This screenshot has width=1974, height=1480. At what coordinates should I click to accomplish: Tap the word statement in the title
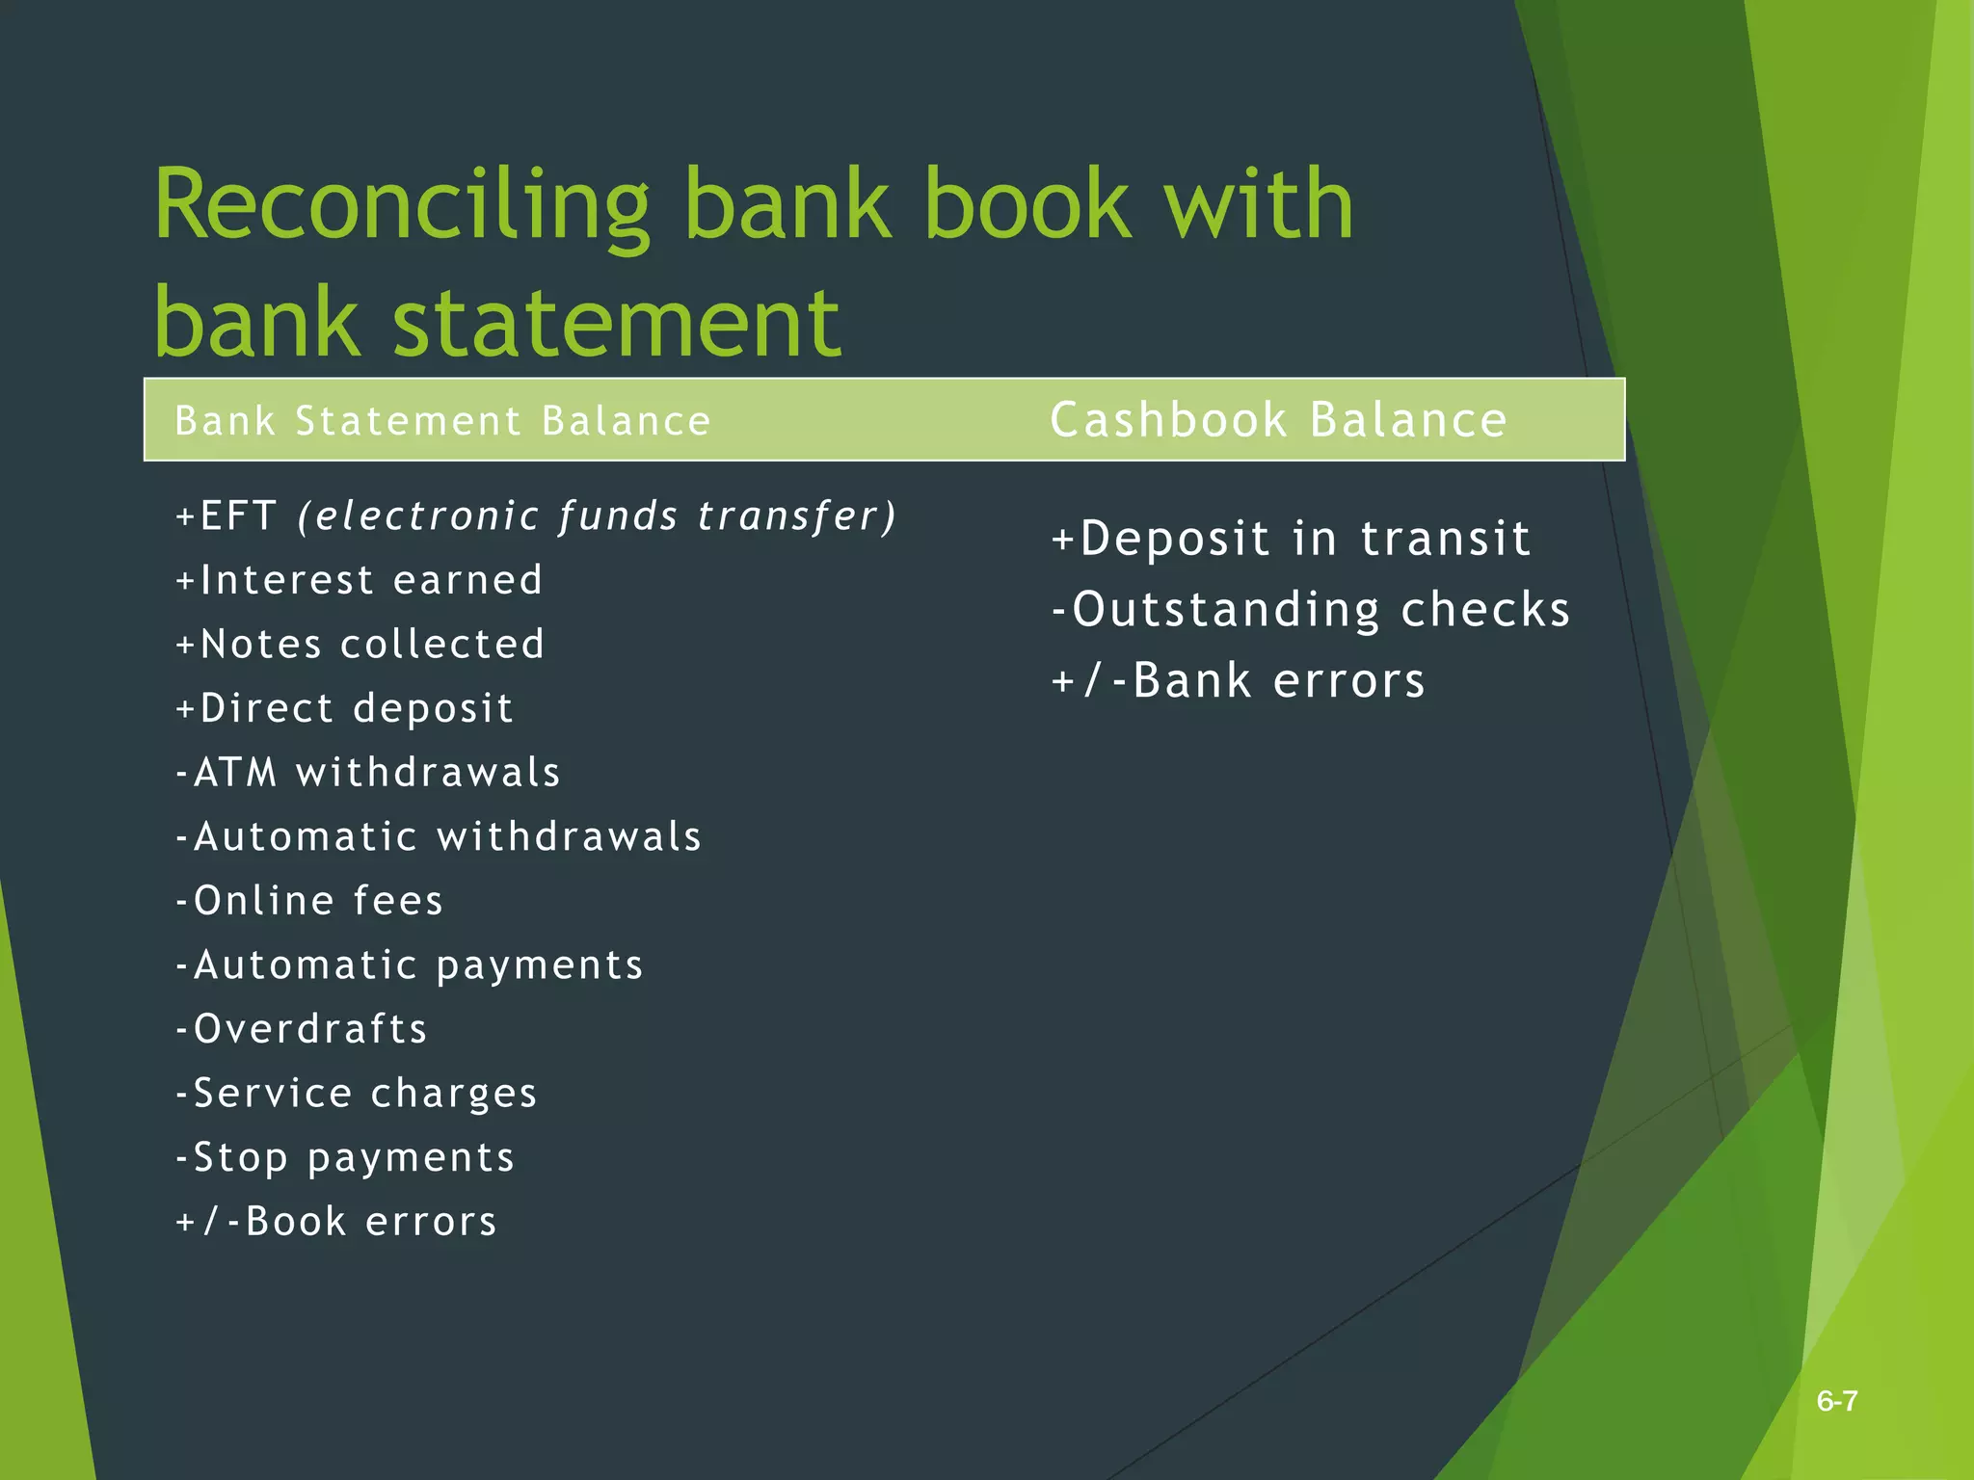pyautogui.click(x=617, y=323)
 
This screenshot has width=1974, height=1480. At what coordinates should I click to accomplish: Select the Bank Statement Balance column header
pyautogui.click(x=442, y=422)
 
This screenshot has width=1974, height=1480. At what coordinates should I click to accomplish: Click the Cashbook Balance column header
pyautogui.click(x=1278, y=420)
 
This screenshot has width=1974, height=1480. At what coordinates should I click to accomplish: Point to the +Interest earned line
pyautogui.click(x=360, y=580)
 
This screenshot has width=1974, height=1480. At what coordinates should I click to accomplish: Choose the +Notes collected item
pyautogui.click(x=360, y=645)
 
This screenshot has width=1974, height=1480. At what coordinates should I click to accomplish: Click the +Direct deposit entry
pyautogui.click(x=344, y=708)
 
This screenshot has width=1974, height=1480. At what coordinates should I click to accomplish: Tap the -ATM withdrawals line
pyautogui.click(x=367, y=773)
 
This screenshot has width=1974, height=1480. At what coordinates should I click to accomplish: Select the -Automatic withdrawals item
pyautogui.click(x=439, y=836)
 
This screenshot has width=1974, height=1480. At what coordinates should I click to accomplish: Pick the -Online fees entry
pyautogui.click(x=309, y=901)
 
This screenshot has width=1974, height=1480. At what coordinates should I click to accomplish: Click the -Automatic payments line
pyautogui.click(x=410, y=965)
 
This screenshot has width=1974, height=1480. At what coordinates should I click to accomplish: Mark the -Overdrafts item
pyautogui.click(x=302, y=1029)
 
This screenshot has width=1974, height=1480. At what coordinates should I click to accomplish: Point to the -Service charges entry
pyautogui.click(x=356, y=1094)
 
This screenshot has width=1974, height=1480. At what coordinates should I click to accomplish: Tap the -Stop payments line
pyautogui.click(x=345, y=1157)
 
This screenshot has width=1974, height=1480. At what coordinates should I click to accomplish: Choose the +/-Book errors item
pyautogui.click(x=336, y=1222)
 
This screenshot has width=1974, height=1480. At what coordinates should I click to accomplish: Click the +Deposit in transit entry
pyautogui.click(x=1291, y=539)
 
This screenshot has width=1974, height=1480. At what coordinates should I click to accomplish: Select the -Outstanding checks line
pyautogui.click(x=1311, y=610)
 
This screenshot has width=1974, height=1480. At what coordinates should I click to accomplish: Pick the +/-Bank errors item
pyautogui.click(x=1238, y=681)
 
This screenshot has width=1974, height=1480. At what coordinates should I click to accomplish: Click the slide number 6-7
pyautogui.click(x=1837, y=1401)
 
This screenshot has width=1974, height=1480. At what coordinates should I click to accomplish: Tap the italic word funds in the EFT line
pyautogui.click(x=618, y=516)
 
